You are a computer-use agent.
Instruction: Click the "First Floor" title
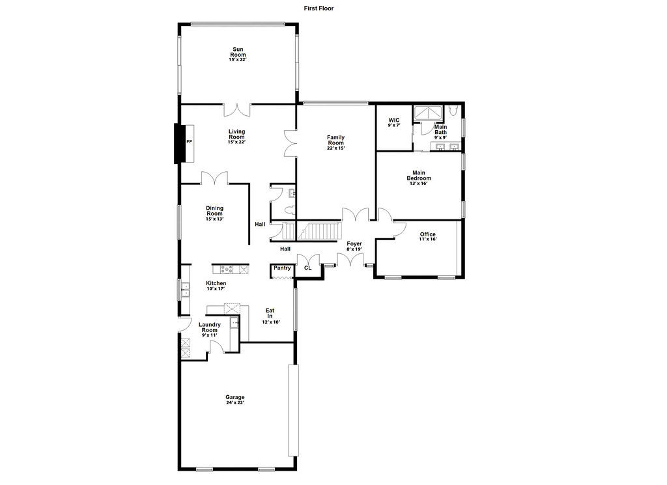coord(319,8)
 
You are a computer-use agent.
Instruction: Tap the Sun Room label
coord(238,52)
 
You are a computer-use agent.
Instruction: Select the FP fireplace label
coord(189,141)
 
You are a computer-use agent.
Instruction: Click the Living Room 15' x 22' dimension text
coord(236,142)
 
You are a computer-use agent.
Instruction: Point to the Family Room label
coord(335,140)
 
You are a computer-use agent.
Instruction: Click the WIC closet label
coord(394,120)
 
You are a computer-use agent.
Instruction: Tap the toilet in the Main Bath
coord(453,111)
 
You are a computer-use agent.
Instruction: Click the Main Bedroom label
coord(419,176)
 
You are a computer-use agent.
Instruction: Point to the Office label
coord(427,234)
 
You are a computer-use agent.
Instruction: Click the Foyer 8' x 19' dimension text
coord(354,249)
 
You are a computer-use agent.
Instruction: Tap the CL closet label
coord(308,268)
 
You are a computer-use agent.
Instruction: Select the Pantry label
coord(282,268)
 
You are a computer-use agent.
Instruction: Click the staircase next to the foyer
coord(319,231)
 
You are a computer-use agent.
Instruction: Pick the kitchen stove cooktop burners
coord(226,269)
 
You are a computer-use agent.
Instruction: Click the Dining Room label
coord(215,211)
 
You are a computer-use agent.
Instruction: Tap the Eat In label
coord(270,313)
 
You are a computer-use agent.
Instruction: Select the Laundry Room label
coord(210,327)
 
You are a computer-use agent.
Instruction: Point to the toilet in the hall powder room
coord(291,210)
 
